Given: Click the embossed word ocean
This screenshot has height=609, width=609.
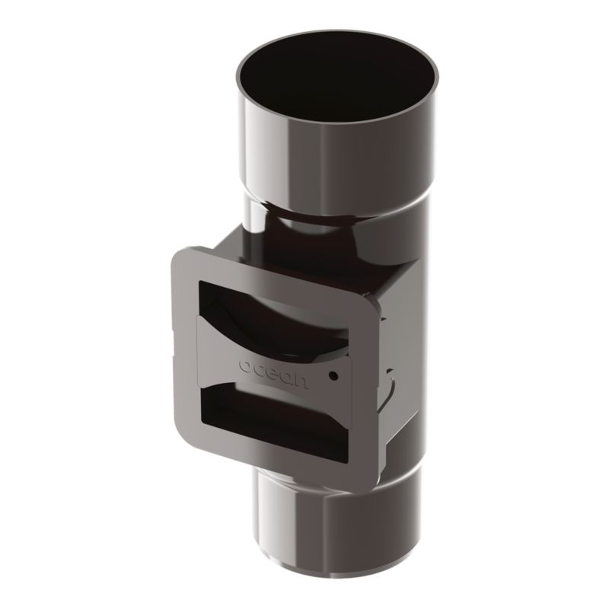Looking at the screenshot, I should coord(274,370).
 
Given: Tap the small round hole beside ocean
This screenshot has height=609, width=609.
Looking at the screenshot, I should coord(333,375).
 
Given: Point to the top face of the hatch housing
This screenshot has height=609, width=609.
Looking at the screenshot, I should coord(304,259).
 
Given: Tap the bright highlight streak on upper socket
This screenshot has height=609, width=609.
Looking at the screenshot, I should coord(282,152).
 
